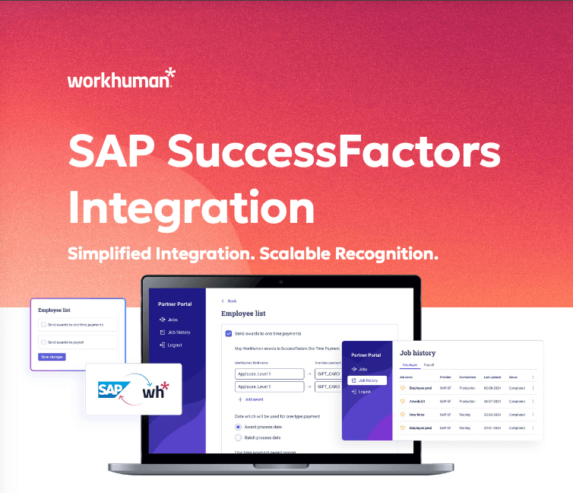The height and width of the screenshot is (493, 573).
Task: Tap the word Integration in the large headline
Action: click(x=191, y=205)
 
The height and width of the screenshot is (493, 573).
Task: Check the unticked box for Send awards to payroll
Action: click(x=44, y=342)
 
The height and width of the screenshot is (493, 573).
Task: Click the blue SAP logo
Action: click(x=111, y=389)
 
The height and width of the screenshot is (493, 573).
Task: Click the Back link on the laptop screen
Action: click(x=230, y=301)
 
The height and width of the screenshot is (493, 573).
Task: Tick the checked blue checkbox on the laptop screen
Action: click(x=229, y=333)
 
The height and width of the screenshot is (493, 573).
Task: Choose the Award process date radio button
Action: click(x=238, y=428)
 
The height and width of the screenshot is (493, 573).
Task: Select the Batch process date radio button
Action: click(x=238, y=438)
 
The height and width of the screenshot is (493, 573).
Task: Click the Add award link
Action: click(x=252, y=399)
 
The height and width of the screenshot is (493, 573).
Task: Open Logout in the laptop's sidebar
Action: click(x=173, y=345)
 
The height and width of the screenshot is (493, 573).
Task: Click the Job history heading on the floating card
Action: click(x=418, y=353)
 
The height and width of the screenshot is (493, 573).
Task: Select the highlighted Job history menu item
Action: click(x=368, y=380)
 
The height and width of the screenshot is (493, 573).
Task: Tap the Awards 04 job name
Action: click(x=418, y=401)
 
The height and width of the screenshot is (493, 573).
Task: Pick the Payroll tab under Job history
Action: click(x=429, y=366)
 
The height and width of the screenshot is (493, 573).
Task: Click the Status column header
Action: click(x=513, y=377)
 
